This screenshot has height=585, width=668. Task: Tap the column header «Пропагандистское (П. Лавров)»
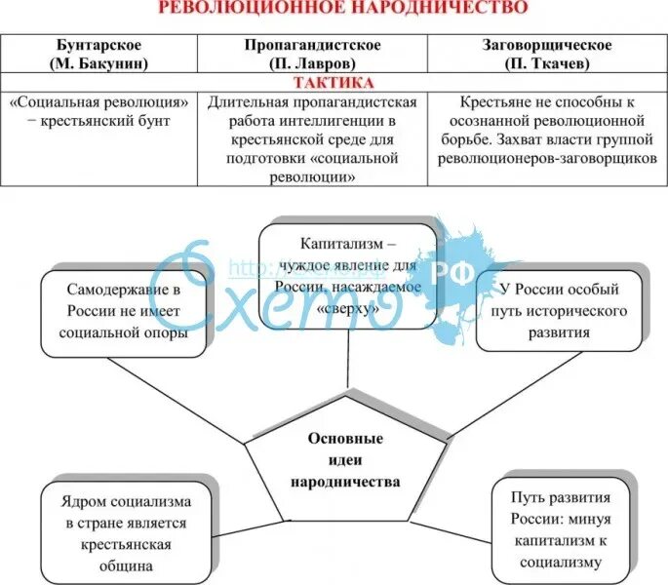pyautogui.click(x=313, y=54)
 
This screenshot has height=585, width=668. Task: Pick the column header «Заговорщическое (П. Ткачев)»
pyautogui.click(x=547, y=54)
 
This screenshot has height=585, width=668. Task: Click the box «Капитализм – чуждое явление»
pyautogui.click(x=347, y=272)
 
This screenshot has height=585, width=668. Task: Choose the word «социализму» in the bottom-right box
pyautogui.click(x=560, y=562)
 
